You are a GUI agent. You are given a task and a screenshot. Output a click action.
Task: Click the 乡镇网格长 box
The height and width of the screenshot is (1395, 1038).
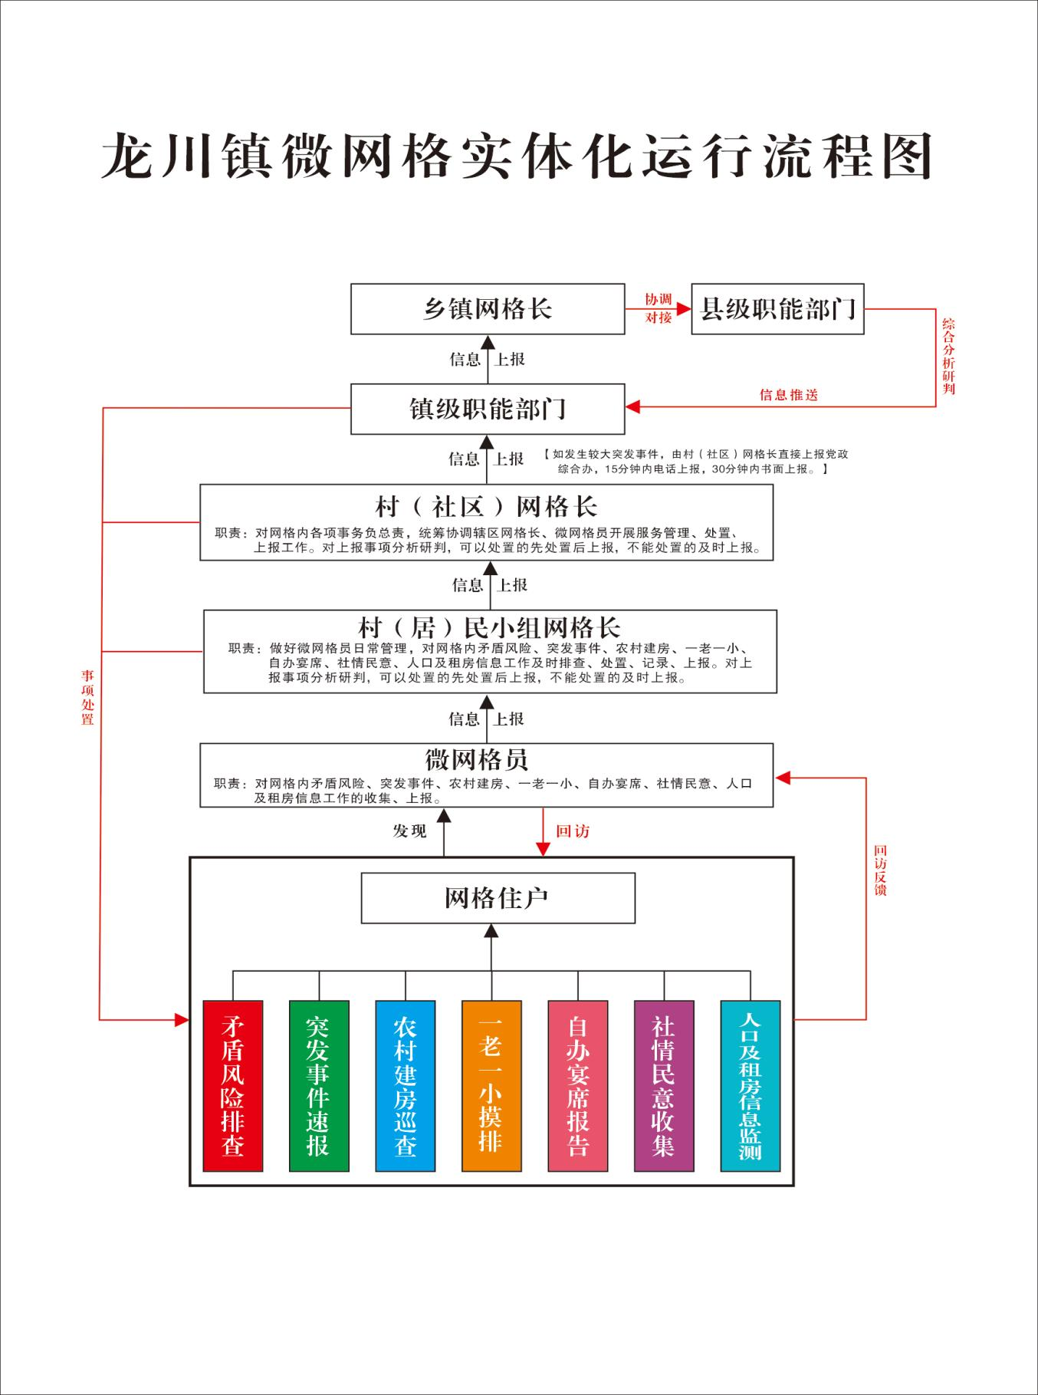(x=488, y=309)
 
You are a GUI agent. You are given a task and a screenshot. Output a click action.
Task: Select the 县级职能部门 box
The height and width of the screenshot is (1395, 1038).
(x=777, y=309)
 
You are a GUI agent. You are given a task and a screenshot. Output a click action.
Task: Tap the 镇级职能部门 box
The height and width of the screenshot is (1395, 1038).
(x=488, y=409)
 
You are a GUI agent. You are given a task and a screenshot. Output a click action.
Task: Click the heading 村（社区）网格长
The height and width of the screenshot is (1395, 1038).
(x=486, y=507)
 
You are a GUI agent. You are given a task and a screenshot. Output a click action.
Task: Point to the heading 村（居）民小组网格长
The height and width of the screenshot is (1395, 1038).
(x=489, y=628)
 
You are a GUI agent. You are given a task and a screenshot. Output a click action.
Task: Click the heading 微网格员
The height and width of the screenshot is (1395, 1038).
(x=477, y=760)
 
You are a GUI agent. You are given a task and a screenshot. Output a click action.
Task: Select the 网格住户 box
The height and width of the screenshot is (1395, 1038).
(x=498, y=898)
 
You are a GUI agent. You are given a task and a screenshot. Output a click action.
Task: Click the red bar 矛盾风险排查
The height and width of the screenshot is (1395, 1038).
(x=233, y=1085)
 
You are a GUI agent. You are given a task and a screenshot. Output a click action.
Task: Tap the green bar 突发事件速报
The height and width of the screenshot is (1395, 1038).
(x=319, y=1085)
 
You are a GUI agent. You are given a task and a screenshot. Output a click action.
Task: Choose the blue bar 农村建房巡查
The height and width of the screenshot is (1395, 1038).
(x=406, y=1085)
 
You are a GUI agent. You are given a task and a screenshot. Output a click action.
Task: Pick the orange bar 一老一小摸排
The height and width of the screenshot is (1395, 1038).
(x=491, y=1085)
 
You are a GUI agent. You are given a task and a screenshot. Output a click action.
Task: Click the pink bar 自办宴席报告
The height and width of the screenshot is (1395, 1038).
(x=578, y=1085)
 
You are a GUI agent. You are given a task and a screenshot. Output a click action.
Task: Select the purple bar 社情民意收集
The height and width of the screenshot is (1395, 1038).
(x=664, y=1085)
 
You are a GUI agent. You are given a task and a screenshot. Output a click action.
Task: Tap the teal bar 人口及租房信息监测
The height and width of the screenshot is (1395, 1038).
(x=751, y=1085)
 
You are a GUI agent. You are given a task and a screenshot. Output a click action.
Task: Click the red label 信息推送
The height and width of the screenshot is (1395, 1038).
(x=789, y=395)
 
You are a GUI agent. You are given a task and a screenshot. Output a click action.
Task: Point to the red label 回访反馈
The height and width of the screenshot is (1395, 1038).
(x=880, y=870)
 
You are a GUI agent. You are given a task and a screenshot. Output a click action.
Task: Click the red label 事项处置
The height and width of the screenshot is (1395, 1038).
(x=88, y=697)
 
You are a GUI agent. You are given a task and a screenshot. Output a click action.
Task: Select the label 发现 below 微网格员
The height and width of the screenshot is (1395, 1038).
(x=410, y=831)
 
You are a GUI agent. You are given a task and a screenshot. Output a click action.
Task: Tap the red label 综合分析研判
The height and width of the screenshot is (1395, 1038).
(x=949, y=356)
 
